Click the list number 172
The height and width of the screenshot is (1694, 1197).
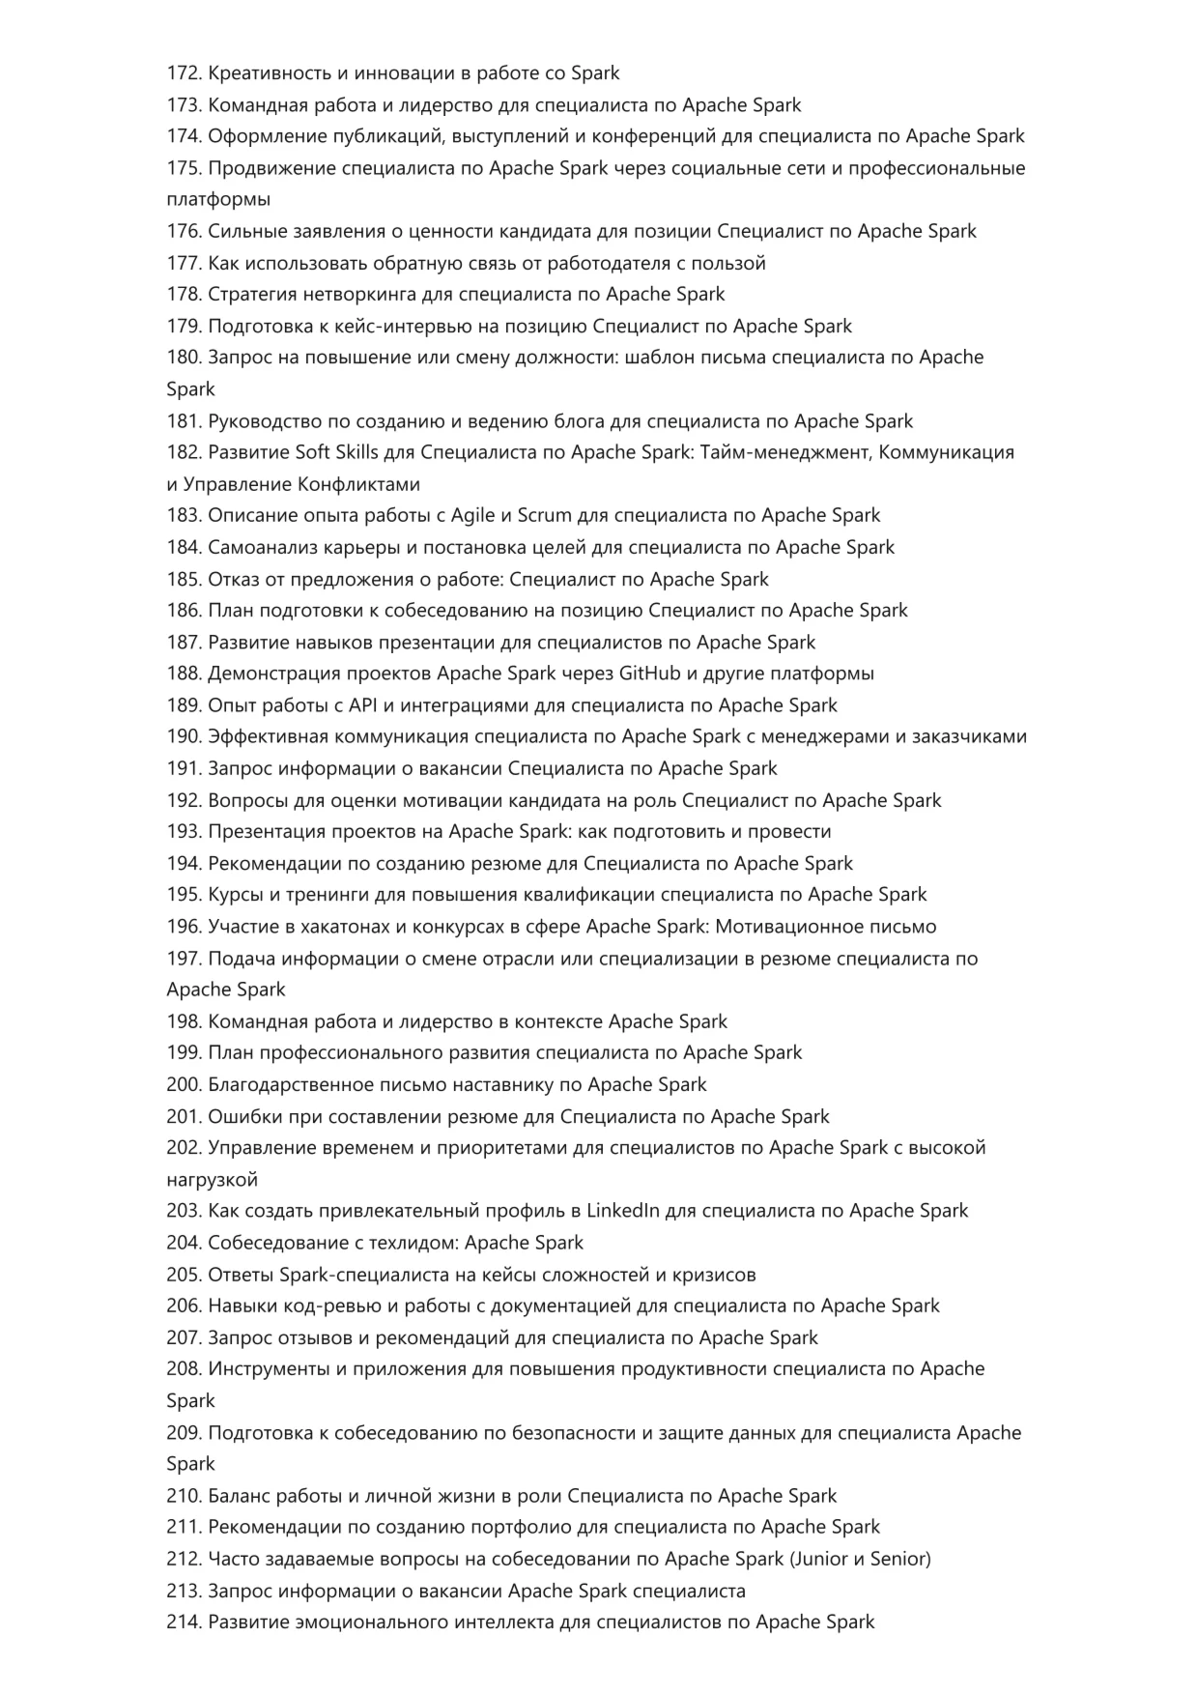183,73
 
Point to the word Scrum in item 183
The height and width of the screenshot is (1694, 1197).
545,515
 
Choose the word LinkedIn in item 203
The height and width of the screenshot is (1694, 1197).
623,1211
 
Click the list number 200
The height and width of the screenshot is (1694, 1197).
183,1085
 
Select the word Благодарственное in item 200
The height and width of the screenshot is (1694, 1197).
289,1085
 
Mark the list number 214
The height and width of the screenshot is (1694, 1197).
183,1622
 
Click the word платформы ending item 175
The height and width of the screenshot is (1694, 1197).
218,200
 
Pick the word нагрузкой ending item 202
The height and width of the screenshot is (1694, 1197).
213,1180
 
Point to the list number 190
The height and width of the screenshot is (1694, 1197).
183,736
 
